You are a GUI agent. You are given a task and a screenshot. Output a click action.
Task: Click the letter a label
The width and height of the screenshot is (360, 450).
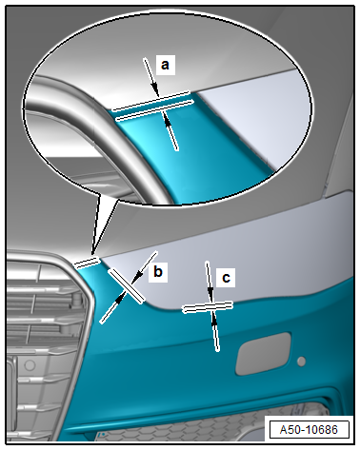point(165,65)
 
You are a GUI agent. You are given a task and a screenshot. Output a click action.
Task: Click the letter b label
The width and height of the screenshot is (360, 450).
point(158,272)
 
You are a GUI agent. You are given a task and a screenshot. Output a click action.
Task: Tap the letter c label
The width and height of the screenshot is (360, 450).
point(226,278)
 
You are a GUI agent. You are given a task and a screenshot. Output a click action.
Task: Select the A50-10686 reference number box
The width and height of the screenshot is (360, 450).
point(309,430)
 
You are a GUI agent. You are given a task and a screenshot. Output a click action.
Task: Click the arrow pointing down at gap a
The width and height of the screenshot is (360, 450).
point(151,77)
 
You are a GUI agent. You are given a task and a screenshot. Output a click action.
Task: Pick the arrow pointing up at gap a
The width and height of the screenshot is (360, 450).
point(171,131)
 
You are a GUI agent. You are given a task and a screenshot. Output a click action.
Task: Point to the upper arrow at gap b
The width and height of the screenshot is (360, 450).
point(144,267)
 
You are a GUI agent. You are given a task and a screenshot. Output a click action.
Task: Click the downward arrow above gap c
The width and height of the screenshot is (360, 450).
point(210,282)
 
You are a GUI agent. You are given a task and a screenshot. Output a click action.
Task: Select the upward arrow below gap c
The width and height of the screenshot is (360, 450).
point(215,331)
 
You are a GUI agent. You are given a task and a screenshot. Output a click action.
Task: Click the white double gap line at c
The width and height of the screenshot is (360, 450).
point(208,306)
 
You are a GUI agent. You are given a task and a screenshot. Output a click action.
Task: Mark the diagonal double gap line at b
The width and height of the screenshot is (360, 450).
point(127,285)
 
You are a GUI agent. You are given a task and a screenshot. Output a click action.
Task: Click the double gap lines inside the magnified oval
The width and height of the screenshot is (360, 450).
point(153,106)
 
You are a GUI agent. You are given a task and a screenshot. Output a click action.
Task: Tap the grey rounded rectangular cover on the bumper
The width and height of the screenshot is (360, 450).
point(263,353)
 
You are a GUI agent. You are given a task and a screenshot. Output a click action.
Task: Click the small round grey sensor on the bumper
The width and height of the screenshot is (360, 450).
point(301,362)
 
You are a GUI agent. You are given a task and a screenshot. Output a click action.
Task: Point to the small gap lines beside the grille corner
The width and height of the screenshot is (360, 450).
point(87,263)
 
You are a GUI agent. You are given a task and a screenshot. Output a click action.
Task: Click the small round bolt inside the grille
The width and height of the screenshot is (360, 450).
point(76,298)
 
